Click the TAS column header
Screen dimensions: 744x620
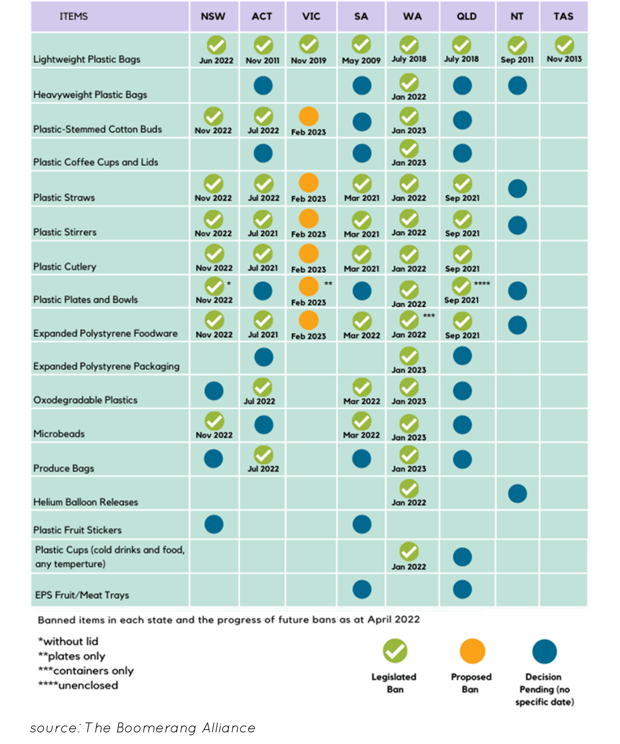(x=563, y=16)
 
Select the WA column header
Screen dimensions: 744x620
(x=412, y=16)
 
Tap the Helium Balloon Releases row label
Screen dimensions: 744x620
(x=86, y=502)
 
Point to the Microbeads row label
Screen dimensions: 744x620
(x=59, y=434)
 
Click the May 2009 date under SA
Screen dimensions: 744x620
(x=361, y=60)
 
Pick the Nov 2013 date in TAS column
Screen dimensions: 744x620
(x=564, y=59)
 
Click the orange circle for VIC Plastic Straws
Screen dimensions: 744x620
(x=309, y=183)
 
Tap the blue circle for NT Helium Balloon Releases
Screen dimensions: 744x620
(x=517, y=494)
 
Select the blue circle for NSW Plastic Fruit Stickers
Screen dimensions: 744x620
(x=214, y=524)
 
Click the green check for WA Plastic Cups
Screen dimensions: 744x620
(x=409, y=552)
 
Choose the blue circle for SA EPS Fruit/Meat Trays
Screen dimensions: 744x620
(x=362, y=589)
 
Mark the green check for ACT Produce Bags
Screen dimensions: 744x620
(x=263, y=455)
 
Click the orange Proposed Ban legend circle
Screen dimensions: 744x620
(x=472, y=651)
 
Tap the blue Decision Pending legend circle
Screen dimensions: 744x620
(x=544, y=651)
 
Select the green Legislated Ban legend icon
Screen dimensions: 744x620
(x=395, y=651)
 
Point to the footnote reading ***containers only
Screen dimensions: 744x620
(x=86, y=670)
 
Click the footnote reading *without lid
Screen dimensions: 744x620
(x=68, y=641)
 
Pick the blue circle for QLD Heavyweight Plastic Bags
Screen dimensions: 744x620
(x=462, y=86)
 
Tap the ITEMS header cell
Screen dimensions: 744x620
(x=73, y=16)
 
